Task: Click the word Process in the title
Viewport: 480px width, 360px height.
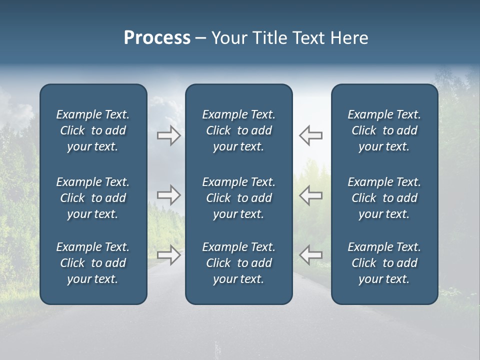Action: [157, 38]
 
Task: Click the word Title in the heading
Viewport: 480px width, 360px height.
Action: [269, 38]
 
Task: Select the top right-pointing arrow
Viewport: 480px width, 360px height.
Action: [168, 135]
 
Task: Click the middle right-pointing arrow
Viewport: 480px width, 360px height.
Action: [168, 195]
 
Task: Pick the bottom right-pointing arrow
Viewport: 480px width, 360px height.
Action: [168, 255]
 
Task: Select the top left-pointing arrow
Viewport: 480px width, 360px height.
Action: [310, 135]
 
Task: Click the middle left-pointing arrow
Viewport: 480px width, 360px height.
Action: [310, 195]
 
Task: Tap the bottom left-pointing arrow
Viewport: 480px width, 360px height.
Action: [310, 255]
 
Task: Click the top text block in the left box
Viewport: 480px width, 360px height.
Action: [93, 130]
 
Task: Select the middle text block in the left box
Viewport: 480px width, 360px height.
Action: [93, 198]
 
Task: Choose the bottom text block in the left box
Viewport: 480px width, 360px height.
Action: [93, 263]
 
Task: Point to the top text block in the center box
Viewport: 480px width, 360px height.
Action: [238, 130]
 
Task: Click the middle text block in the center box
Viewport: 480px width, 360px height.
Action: [238, 198]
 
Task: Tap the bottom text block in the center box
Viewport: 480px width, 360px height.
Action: [238, 263]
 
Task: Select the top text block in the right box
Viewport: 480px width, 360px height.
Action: [384, 130]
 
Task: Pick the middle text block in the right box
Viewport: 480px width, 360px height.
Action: [384, 198]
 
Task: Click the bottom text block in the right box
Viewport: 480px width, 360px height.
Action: [384, 263]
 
